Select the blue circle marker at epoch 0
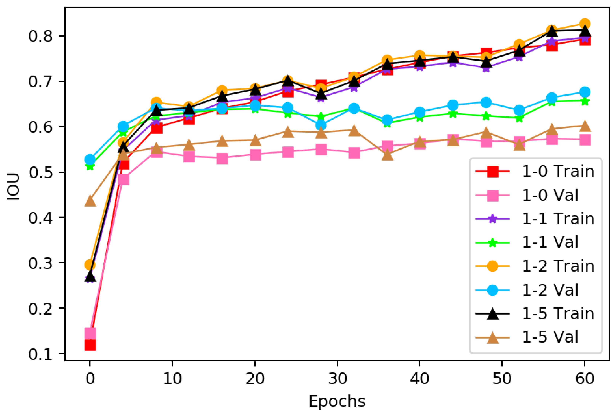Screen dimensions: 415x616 coord(90,160)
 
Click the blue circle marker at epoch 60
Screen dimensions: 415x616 coord(585,92)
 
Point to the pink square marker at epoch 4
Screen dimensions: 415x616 coord(123,179)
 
